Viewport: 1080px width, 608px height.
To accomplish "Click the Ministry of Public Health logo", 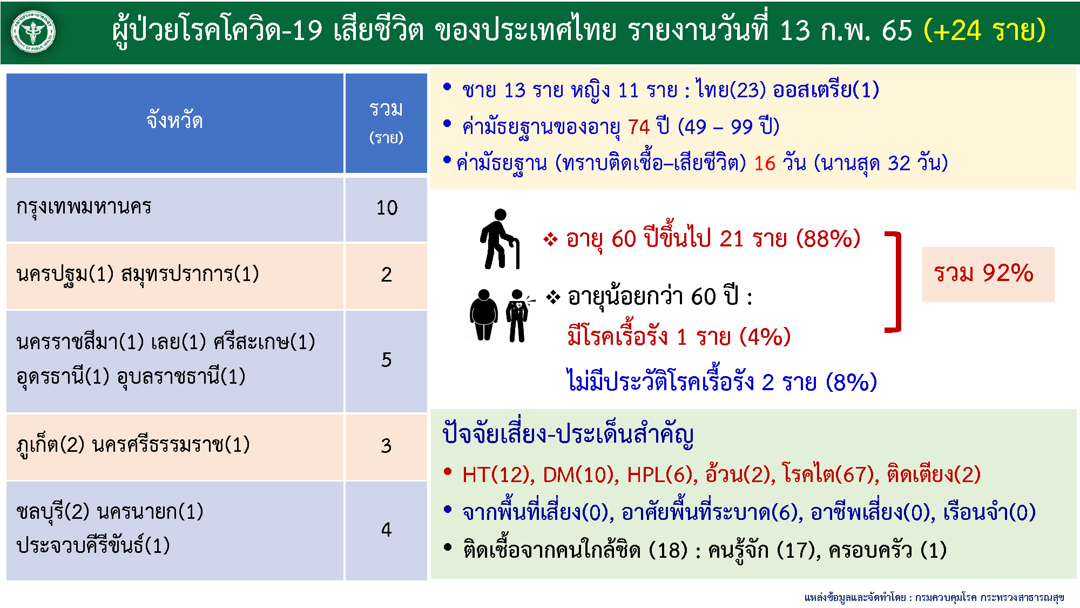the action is point(33,32).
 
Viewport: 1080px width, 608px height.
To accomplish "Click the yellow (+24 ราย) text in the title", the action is point(984,30).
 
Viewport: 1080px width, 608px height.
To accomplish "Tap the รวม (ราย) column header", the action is point(386,123).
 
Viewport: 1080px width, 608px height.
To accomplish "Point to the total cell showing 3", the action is point(386,446).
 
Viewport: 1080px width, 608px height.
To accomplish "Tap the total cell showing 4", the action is point(386,530).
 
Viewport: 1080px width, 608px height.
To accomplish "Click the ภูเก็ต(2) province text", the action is point(51,445).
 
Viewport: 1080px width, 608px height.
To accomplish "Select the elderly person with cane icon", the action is point(500,239).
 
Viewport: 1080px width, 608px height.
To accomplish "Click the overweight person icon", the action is point(484,315).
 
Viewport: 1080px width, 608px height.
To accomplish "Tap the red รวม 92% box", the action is point(988,274).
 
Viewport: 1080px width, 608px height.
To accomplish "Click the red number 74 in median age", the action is point(639,127).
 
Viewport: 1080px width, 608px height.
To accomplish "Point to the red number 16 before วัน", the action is point(765,163).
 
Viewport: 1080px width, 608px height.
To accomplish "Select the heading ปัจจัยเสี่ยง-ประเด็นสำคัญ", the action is point(568,434).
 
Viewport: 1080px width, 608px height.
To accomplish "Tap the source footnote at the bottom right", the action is point(934,597).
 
